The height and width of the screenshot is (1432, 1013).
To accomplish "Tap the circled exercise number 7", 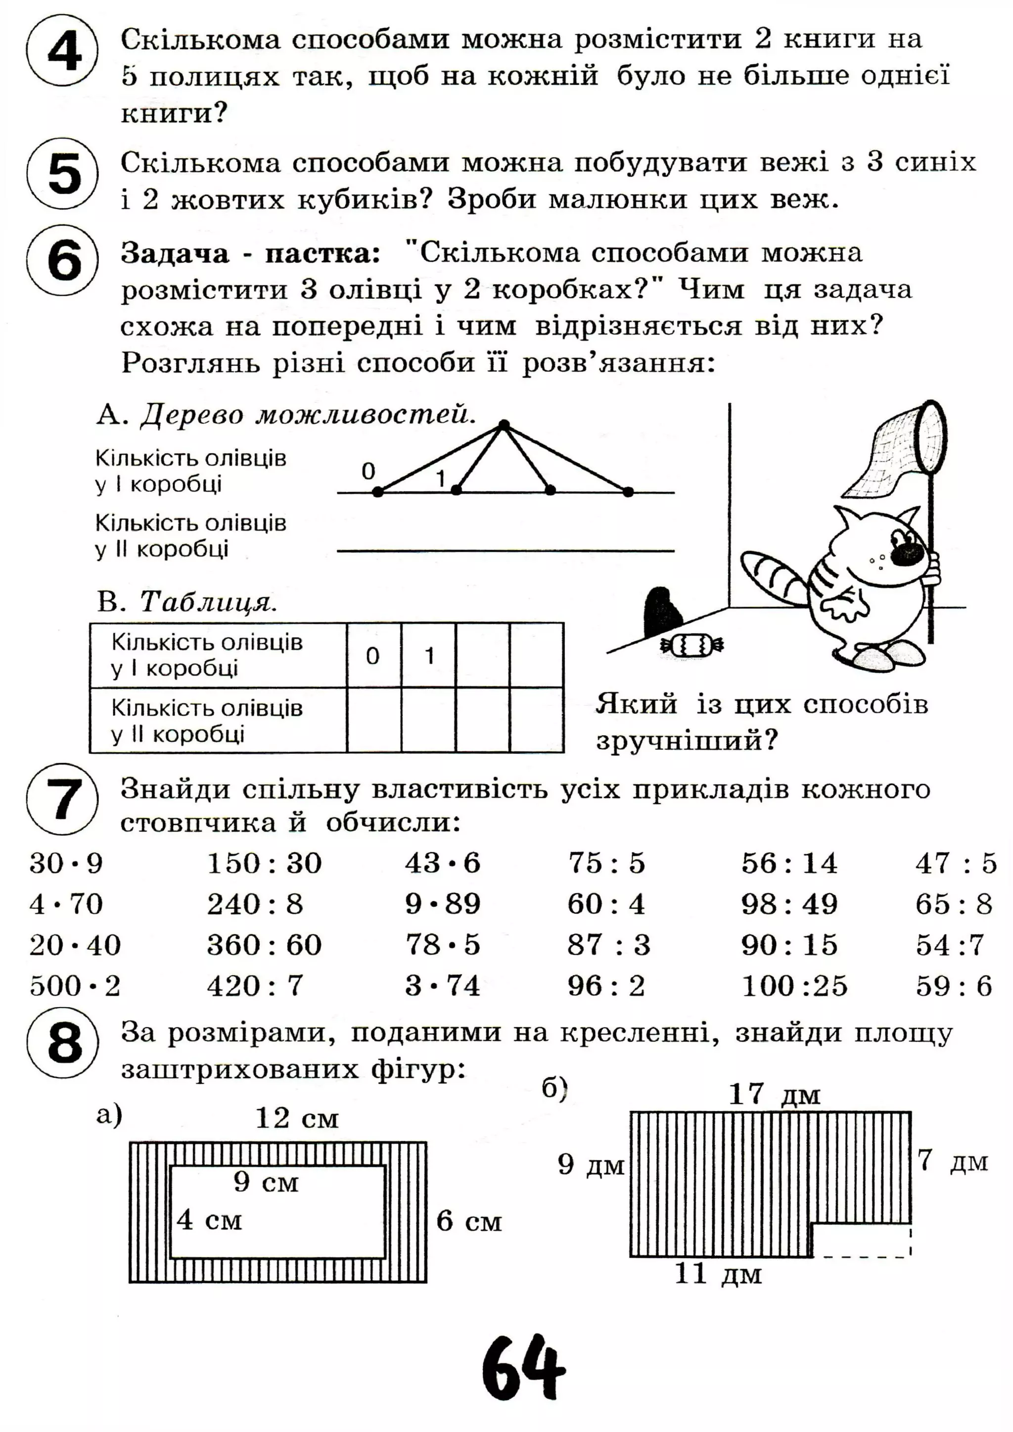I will pyautogui.click(x=62, y=799).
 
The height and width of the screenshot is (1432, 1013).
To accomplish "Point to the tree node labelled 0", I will pyautogui.click(x=377, y=492).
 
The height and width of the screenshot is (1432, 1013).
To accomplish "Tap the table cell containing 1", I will pyautogui.click(x=428, y=655).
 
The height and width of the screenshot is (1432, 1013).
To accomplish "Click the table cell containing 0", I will pyautogui.click(x=373, y=655).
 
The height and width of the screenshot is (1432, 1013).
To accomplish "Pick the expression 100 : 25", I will pyautogui.click(x=794, y=986).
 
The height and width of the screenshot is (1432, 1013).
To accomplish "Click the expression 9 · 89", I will pyautogui.click(x=442, y=904).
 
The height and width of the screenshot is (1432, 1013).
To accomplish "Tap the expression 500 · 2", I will pyautogui.click(x=74, y=986).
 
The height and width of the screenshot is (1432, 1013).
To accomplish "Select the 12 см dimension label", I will pyautogui.click(x=297, y=1118).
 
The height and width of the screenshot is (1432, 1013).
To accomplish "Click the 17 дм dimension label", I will pyautogui.click(x=774, y=1094).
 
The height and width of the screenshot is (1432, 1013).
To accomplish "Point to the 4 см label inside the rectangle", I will pyautogui.click(x=208, y=1220).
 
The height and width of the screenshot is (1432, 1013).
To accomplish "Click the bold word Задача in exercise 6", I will pyautogui.click(x=175, y=253).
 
